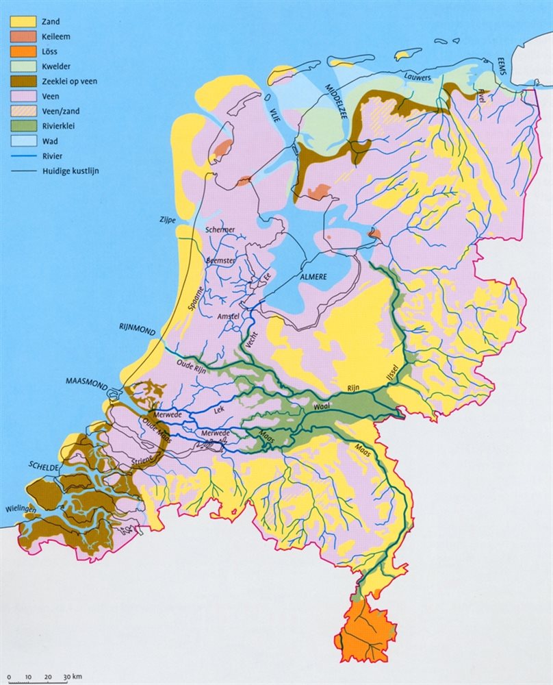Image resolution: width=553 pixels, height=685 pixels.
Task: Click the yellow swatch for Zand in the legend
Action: point(23,21)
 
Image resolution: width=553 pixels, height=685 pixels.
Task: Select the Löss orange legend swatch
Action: point(23,51)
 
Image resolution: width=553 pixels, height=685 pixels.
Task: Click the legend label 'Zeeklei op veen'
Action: point(70,82)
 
